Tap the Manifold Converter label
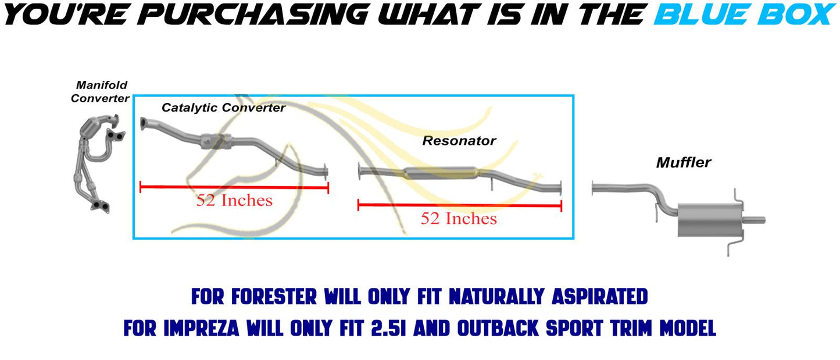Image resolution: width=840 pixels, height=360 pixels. click(x=100, y=91)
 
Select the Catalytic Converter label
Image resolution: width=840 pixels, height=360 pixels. click(x=223, y=108)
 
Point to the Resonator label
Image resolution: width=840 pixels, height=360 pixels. click(x=459, y=141)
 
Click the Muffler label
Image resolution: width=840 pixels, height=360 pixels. click(x=683, y=162)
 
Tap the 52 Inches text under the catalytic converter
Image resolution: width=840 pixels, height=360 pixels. click(x=234, y=200)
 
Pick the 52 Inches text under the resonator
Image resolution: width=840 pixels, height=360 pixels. click(x=459, y=219)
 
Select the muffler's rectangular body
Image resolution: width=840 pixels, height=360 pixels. click(x=709, y=220)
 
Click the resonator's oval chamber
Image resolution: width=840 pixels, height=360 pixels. click(x=441, y=173)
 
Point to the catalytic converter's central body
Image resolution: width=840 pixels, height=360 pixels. click(x=216, y=141)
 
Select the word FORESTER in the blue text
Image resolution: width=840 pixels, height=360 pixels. click(x=274, y=297)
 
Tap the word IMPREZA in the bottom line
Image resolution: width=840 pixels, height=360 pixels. click(x=201, y=328)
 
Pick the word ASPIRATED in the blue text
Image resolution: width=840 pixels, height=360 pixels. click(x=599, y=297)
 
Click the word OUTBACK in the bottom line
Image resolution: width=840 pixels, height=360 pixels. click(x=498, y=328)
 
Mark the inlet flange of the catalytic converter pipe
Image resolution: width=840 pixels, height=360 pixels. click(x=144, y=124)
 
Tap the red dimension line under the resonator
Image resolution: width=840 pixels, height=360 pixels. click(x=460, y=205)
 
